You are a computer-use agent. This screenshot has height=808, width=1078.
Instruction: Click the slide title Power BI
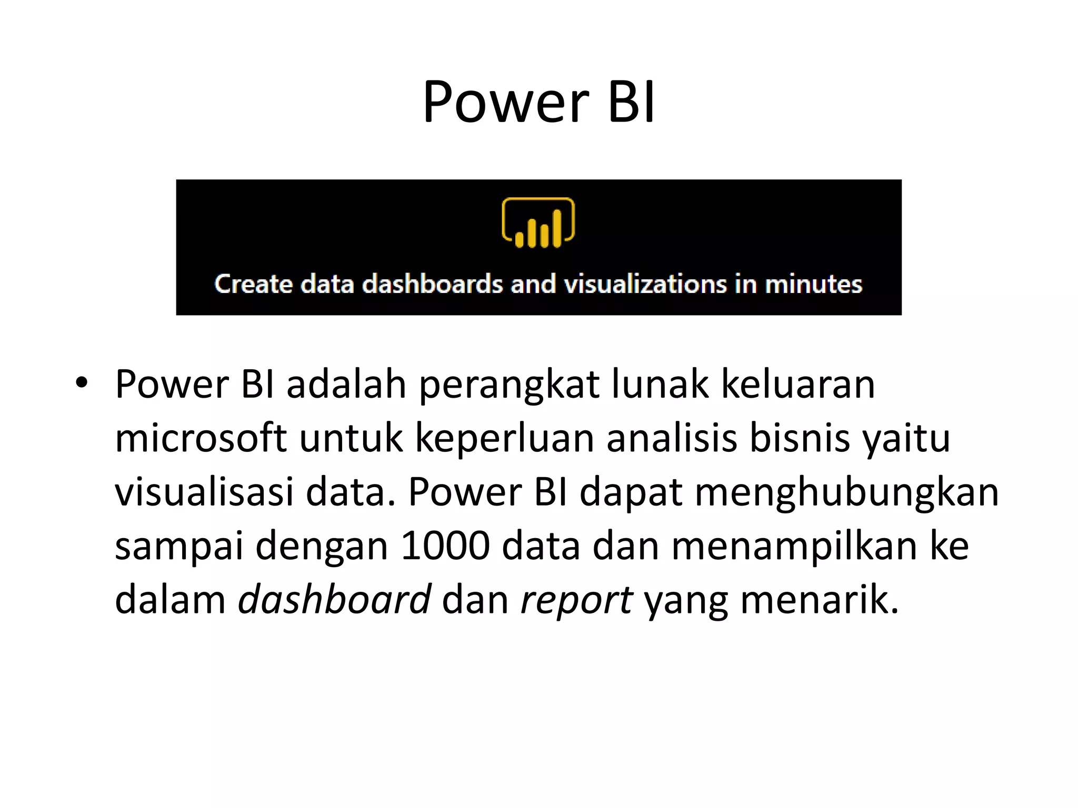pos(539,102)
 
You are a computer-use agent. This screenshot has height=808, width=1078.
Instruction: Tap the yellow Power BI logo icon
pos(538,223)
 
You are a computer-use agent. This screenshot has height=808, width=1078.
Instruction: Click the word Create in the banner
pos(253,284)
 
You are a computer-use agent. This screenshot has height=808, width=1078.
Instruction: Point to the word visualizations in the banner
pos(645,284)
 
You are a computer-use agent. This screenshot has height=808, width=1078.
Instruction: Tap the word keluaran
pos(797,384)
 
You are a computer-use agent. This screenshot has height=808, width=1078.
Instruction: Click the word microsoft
pos(201,438)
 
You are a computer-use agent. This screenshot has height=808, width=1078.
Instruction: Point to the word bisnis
pos(799,438)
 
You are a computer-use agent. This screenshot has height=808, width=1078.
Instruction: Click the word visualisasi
pos(204,492)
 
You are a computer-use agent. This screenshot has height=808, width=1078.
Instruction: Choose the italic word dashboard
pos(335,600)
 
